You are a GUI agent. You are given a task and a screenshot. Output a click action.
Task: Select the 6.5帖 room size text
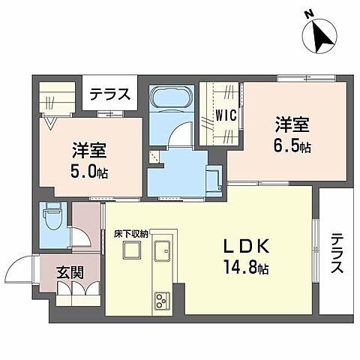coord(292,147)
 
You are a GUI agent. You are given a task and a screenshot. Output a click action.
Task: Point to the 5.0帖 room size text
coord(90,172)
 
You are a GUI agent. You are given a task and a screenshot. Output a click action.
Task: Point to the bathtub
coord(170,100)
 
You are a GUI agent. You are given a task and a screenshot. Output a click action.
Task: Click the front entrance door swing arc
coord(21,268)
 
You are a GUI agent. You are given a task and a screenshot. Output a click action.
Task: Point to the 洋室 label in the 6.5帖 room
coord(291,124)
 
